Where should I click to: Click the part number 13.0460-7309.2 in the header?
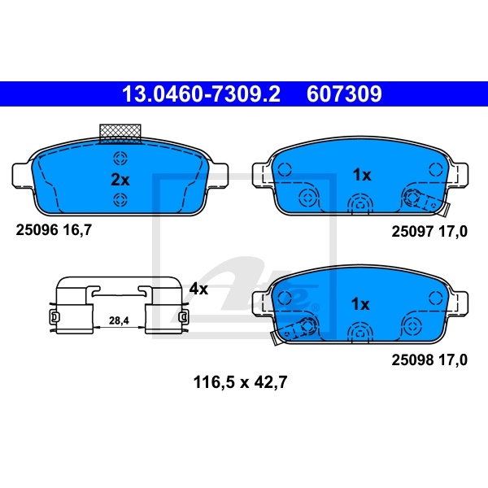tap(201, 94)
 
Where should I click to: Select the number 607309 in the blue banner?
tap(344, 94)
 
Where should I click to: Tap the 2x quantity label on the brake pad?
tap(120, 180)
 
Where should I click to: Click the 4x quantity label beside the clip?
tap(198, 289)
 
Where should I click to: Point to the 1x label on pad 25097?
tap(362, 175)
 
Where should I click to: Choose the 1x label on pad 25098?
tap(360, 303)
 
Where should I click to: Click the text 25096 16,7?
tap(54, 230)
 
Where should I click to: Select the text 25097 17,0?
tap(429, 232)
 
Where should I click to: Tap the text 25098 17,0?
tap(429, 360)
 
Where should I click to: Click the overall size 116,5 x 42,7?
tap(240, 382)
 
